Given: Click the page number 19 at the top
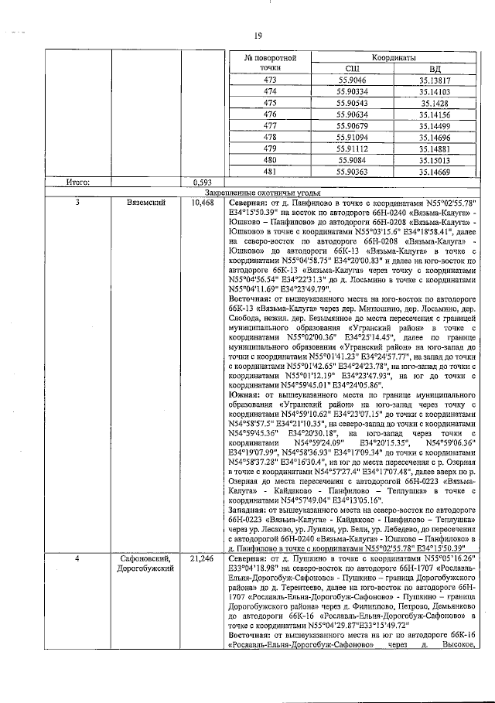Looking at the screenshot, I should pyautogui.click(x=258, y=34).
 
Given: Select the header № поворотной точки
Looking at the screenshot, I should pyautogui.click(x=271, y=63).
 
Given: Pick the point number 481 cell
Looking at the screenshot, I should pyautogui.click(x=270, y=171).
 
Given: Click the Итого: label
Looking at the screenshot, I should pyautogui.click(x=78, y=183).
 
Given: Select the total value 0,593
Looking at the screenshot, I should pyautogui.click(x=202, y=183).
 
